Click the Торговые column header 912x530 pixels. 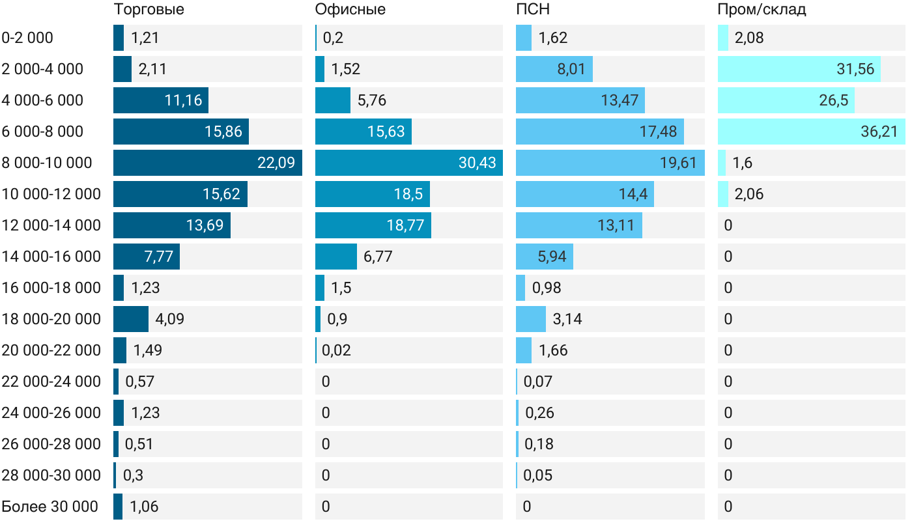point(149,10)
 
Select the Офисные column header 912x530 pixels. point(350,10)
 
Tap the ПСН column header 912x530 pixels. point(528,10)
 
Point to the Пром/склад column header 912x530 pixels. point(762,10)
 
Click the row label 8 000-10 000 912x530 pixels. point(47,163)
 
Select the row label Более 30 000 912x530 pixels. point(50,507)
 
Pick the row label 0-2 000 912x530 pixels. point(27,38)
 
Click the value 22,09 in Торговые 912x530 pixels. point(276,163)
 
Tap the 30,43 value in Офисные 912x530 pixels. point(477,163)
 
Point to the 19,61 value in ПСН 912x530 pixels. point(678,163)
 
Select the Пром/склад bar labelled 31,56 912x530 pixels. point(799,69)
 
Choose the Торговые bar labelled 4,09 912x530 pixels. point(130,319)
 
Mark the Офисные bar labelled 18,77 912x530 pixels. point(373,225)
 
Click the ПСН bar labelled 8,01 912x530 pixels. point(554,69)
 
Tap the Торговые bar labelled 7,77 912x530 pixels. point(146,257)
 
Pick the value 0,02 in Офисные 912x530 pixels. point(337,350)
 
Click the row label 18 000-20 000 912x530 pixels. point(51,319)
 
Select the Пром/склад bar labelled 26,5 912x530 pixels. point(786,100)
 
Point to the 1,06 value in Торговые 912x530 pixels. point(144,507)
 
